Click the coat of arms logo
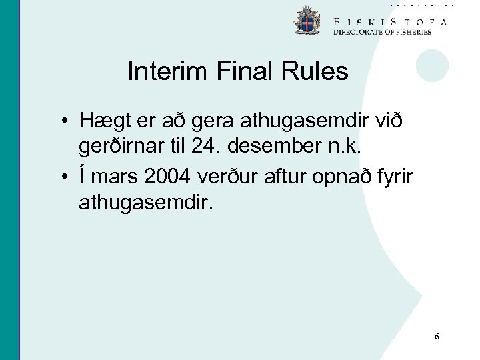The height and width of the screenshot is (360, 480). coord(307,22)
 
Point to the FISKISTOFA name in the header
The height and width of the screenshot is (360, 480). coord(391,21)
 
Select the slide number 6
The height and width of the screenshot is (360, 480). coord(437,337)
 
